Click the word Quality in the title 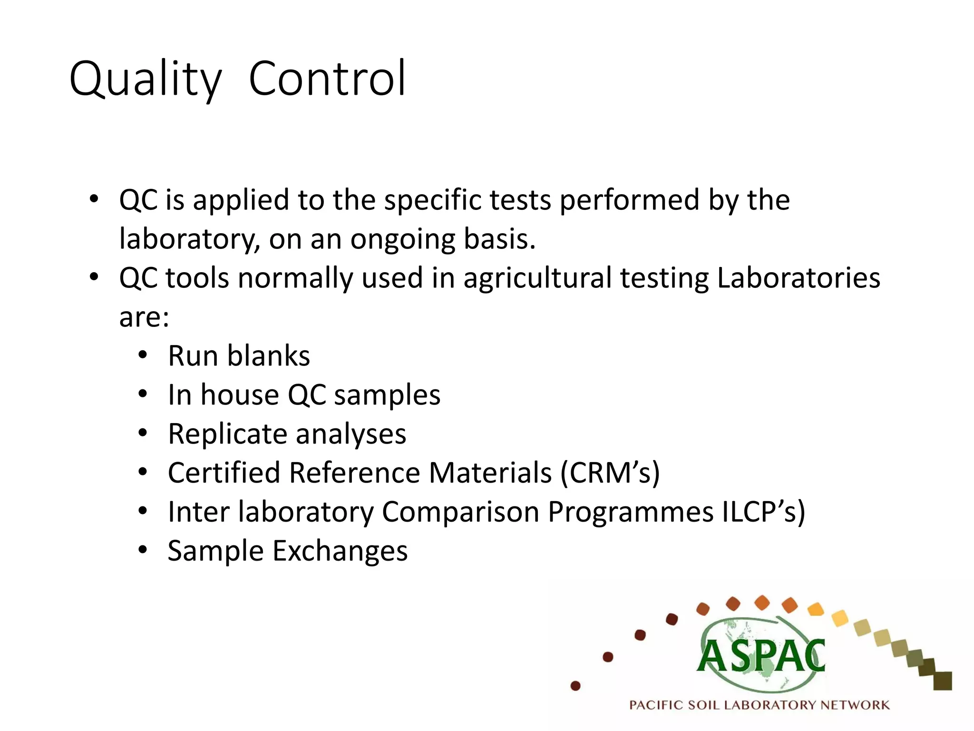click(146, 79)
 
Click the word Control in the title click(327, 78)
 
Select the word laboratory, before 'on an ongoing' click(190, 239)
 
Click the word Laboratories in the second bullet click(799, 278)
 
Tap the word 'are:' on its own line click(144, 317)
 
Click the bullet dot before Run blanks click(143, 356)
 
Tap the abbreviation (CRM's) click(610, 473)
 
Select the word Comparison click(460, 512)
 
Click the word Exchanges click(340, 551)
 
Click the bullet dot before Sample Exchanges click(143, 551)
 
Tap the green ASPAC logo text click(761, 657)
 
